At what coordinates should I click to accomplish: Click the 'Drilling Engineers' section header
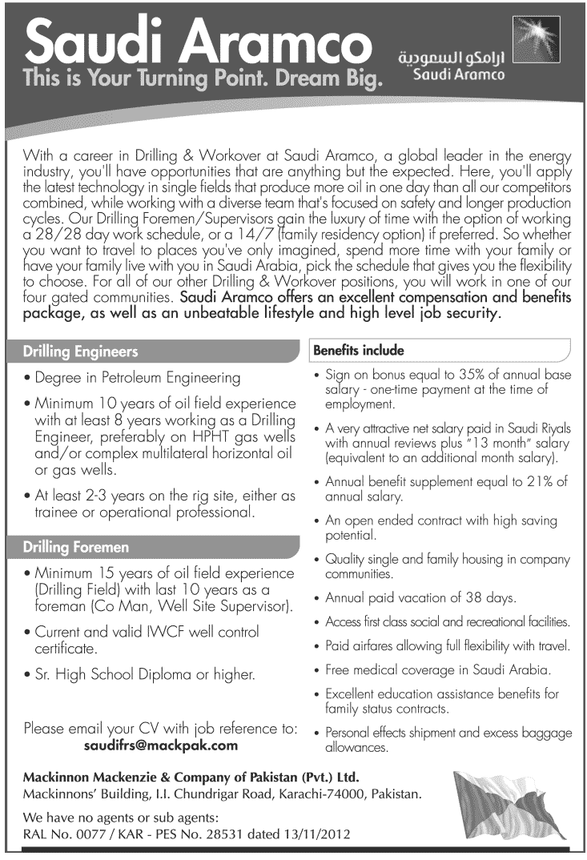click(80, 351)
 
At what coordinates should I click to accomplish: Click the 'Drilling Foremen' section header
click(77, 548)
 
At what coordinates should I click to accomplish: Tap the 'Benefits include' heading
click(358, 351)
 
